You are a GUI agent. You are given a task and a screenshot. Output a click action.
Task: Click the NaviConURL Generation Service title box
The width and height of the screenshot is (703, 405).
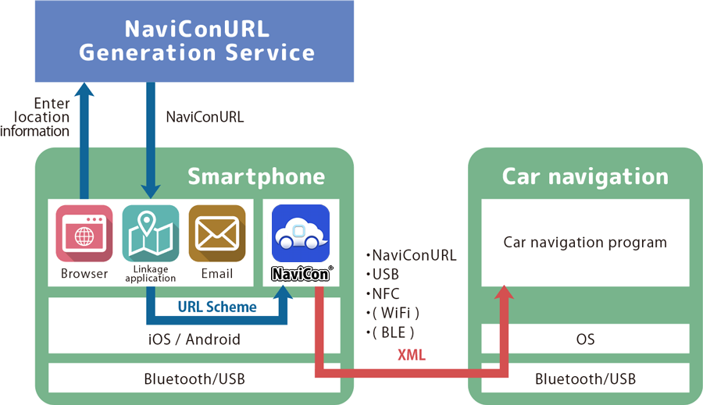coord(194,41)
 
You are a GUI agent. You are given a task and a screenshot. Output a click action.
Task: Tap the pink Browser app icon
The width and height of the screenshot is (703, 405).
coord(84,233)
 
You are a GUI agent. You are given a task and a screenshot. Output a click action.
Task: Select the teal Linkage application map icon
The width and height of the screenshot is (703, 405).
coord(150,233)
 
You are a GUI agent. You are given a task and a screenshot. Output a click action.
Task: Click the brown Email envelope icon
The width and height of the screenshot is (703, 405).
coord(216,233)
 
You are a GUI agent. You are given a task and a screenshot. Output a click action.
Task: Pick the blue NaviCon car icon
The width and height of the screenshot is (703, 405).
coord(301,233)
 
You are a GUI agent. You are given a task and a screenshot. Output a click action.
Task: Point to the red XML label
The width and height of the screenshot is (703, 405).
coord(412,355)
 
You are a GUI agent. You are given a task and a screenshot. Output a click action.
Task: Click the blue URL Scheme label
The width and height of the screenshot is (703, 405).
coord(217,307)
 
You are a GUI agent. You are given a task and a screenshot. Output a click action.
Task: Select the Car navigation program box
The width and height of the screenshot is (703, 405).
coord(585,242)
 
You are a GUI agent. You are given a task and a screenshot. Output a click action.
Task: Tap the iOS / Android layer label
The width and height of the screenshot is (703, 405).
coord(194,339)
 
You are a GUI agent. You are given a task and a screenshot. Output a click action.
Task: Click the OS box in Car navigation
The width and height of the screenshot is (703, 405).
coord(585,339)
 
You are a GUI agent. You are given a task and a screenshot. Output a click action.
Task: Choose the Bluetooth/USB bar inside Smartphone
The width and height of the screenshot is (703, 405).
coord(194,379)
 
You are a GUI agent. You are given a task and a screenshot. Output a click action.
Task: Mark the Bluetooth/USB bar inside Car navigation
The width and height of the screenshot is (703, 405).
coord(585,379)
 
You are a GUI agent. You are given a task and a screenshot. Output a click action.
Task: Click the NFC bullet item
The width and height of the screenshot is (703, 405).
coord(386,293)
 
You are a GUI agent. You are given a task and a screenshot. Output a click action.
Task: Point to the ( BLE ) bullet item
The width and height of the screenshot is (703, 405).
coord(391,332)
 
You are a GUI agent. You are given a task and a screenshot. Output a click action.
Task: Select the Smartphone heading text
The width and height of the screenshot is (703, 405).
coord(256,176)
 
